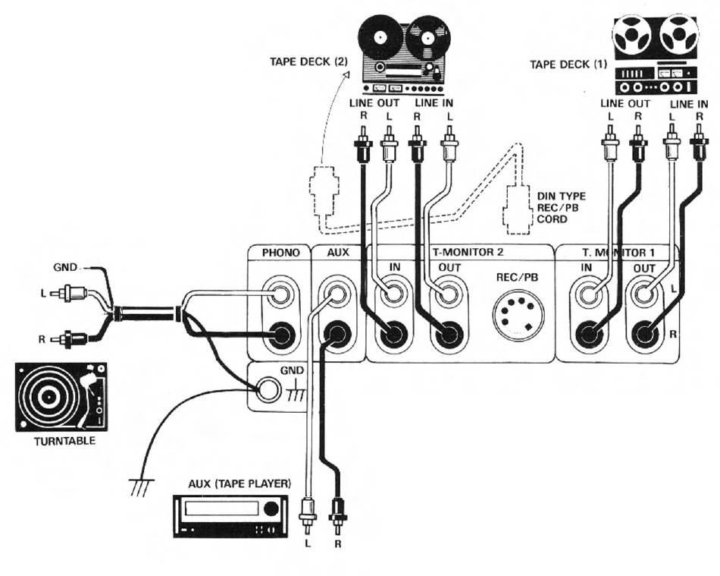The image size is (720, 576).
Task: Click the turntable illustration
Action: [x=61, y=397]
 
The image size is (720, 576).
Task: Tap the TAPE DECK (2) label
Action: [x=308, y=61]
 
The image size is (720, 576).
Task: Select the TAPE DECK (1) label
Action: [x=568, y=65]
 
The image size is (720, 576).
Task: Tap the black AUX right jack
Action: [x=337, y=334]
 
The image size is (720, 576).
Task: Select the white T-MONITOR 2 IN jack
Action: [x=393, y=294]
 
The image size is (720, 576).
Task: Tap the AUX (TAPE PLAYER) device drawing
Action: [x=230, y=516]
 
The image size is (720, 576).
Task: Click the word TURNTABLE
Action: [x=64, y=442]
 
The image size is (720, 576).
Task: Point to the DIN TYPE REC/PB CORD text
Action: [x=561, y=208]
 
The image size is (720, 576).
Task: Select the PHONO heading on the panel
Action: [x=280, y=253]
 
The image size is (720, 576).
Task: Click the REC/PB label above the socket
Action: [x=517, y=277]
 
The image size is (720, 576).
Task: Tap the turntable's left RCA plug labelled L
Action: [x=69, y=293]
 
